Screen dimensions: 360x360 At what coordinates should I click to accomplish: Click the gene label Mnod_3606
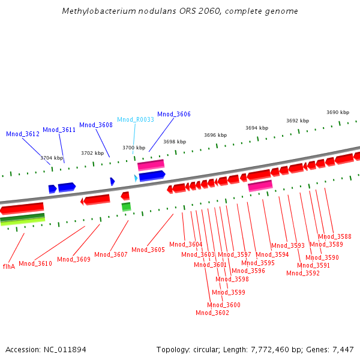click(174, 114)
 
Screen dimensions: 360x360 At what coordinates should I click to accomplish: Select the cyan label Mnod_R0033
click(136, 119)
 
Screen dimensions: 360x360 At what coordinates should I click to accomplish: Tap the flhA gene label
click(9, 266)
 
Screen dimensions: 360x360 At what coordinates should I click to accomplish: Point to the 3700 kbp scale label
click(134, 148)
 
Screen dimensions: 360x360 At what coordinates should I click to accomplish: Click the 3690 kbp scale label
click(338, 112)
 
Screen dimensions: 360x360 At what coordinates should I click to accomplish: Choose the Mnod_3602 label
click(212, 313)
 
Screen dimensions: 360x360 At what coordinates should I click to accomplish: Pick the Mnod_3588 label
click(335, 236)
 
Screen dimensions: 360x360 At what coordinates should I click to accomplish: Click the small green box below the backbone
click(126, 206)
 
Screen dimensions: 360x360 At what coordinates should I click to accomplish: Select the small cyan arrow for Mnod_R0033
click(136, 178)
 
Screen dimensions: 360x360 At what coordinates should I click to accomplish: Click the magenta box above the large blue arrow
click(151, 165)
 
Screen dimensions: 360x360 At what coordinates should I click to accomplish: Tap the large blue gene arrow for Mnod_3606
click(152, 176)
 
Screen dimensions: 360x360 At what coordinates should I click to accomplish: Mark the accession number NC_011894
click(65, 350)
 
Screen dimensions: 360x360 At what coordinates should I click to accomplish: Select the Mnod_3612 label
click(23, 134)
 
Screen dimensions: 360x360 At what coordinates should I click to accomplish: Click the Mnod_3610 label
click(35, 263)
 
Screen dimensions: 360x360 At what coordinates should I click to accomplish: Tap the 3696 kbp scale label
click(215, 135)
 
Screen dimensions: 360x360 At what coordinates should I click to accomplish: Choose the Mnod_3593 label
click(288, 245)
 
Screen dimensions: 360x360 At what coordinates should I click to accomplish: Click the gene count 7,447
click(343, 350)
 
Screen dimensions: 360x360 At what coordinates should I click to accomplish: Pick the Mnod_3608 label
click(96, 125)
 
